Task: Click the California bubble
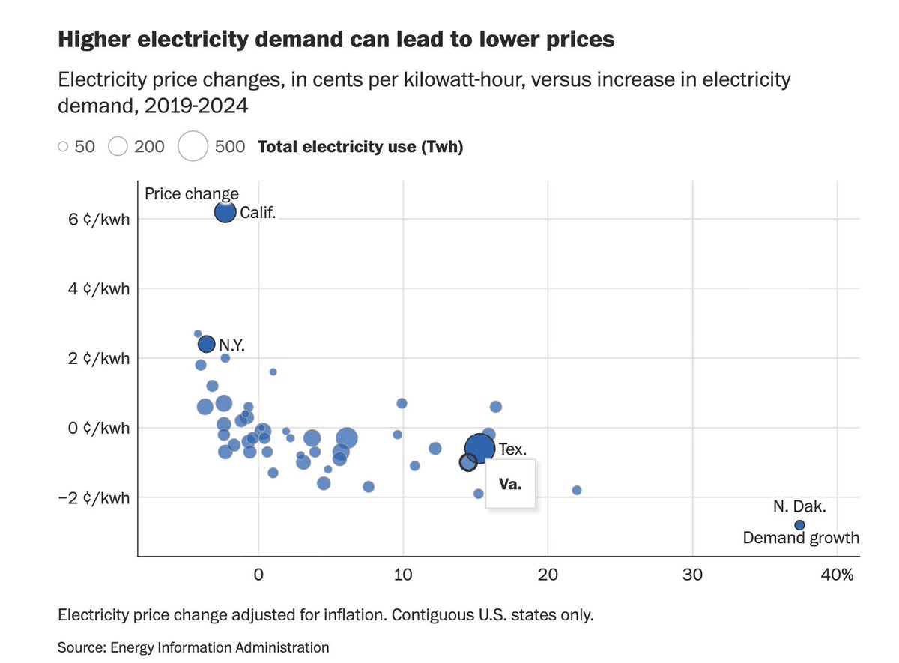point(225,212)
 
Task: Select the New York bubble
point(207,344)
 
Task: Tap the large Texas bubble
point(479,448)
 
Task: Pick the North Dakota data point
point(799,525)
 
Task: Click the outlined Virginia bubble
point(468,463)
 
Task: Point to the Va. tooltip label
point(509,485)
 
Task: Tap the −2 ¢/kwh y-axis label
point(91,498)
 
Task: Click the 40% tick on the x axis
point(838,575)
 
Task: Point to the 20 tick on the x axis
point(548,575)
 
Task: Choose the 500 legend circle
point(193,146)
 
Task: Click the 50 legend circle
point(63,147)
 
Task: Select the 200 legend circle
point(118,147)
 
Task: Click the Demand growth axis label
point(801,538)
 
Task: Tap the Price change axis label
point(192,194)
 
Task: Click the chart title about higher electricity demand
point(336,40)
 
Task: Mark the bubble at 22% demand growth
point(577,490)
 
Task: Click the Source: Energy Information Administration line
point(193,647)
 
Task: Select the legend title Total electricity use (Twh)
point(360,147)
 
